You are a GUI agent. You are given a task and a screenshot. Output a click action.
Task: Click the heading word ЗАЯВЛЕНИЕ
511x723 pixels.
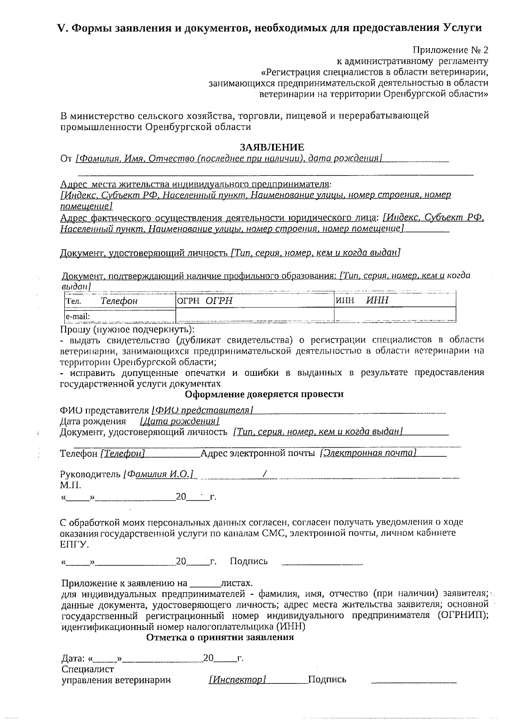(272, 147)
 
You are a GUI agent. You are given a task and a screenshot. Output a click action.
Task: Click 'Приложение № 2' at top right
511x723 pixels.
(451, 50)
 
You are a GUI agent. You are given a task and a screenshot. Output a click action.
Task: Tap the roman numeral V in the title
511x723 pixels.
(63, 28)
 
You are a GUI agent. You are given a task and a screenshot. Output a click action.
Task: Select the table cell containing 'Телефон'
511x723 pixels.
(120, 301)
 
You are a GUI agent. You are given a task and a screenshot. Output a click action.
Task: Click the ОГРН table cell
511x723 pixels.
(255, 301)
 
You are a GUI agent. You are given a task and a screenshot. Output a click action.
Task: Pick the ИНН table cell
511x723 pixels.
(395, 301)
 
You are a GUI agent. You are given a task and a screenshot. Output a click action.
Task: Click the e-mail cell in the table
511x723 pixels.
(120, 316)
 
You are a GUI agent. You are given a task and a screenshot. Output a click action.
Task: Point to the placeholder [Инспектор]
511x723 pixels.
(237, 680)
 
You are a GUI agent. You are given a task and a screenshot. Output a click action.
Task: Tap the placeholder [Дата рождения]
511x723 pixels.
(179, 422)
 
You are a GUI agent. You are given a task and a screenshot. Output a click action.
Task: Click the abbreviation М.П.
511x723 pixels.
(70, 485)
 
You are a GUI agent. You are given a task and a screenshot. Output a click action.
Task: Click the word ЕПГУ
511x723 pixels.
(74, 544)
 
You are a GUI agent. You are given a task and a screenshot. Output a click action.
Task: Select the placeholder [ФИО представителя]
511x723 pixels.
(203, 410)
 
